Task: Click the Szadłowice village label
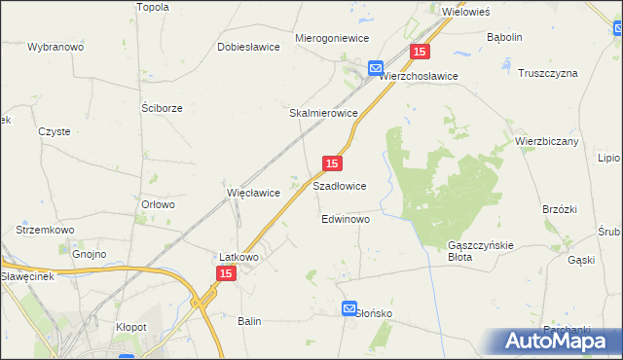coord(339,185)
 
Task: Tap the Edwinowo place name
coord(346,220)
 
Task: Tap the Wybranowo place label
coord(55,47)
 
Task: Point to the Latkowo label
coord(238,258)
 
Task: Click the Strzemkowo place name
coord(41,230)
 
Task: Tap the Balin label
coord(249,320)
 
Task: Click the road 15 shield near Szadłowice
coord(332,164)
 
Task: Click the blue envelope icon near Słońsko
coord(349,308)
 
